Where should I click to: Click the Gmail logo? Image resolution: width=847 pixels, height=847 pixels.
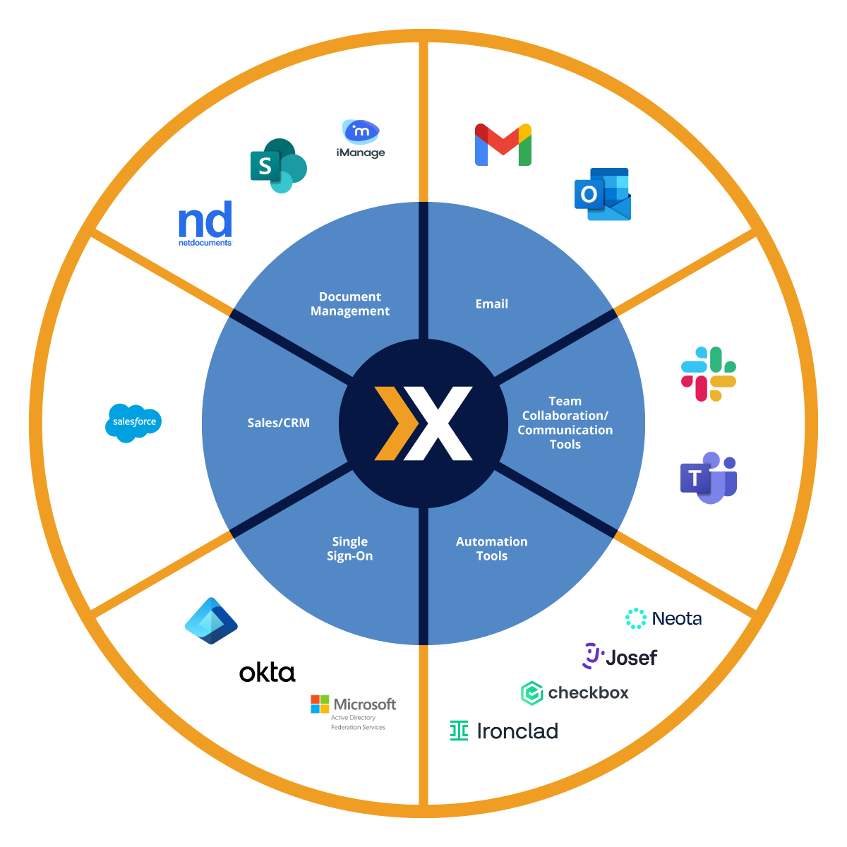(x=503, y=145)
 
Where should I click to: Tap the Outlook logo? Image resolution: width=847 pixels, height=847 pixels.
(x=602, y=194)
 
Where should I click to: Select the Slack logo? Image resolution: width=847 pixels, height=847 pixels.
(x=709, y=374)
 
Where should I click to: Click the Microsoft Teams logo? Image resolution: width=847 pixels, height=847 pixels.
(x=709, y=478)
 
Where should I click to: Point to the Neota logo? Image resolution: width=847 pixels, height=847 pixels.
(x=663, y=618)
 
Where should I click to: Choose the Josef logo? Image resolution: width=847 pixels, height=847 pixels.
(x=620, y=656)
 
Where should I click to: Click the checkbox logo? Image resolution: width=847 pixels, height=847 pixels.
(x=575, y=693)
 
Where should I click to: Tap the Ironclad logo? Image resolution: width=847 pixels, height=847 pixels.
(x=504, y=731)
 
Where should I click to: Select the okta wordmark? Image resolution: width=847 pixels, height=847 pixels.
(x=267, y=673)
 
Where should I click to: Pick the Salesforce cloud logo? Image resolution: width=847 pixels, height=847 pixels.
(x=133, y=423)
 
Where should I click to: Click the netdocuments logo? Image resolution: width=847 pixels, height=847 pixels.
(x=205, y=223)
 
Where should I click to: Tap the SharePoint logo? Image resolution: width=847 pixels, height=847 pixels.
(x=278, y=166)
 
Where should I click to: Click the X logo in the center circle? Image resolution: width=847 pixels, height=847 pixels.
(x=423, y=423)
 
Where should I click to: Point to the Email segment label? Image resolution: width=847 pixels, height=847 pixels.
(x=492, y=304)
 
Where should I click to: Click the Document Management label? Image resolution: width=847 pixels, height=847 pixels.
(x=350, y=304)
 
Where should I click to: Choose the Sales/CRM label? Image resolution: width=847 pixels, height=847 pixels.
(x=278, y=423)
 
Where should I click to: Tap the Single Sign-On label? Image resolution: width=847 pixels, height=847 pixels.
(x=350, y=548)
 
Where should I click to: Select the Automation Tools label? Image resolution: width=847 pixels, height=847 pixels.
(x=492, y=548)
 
